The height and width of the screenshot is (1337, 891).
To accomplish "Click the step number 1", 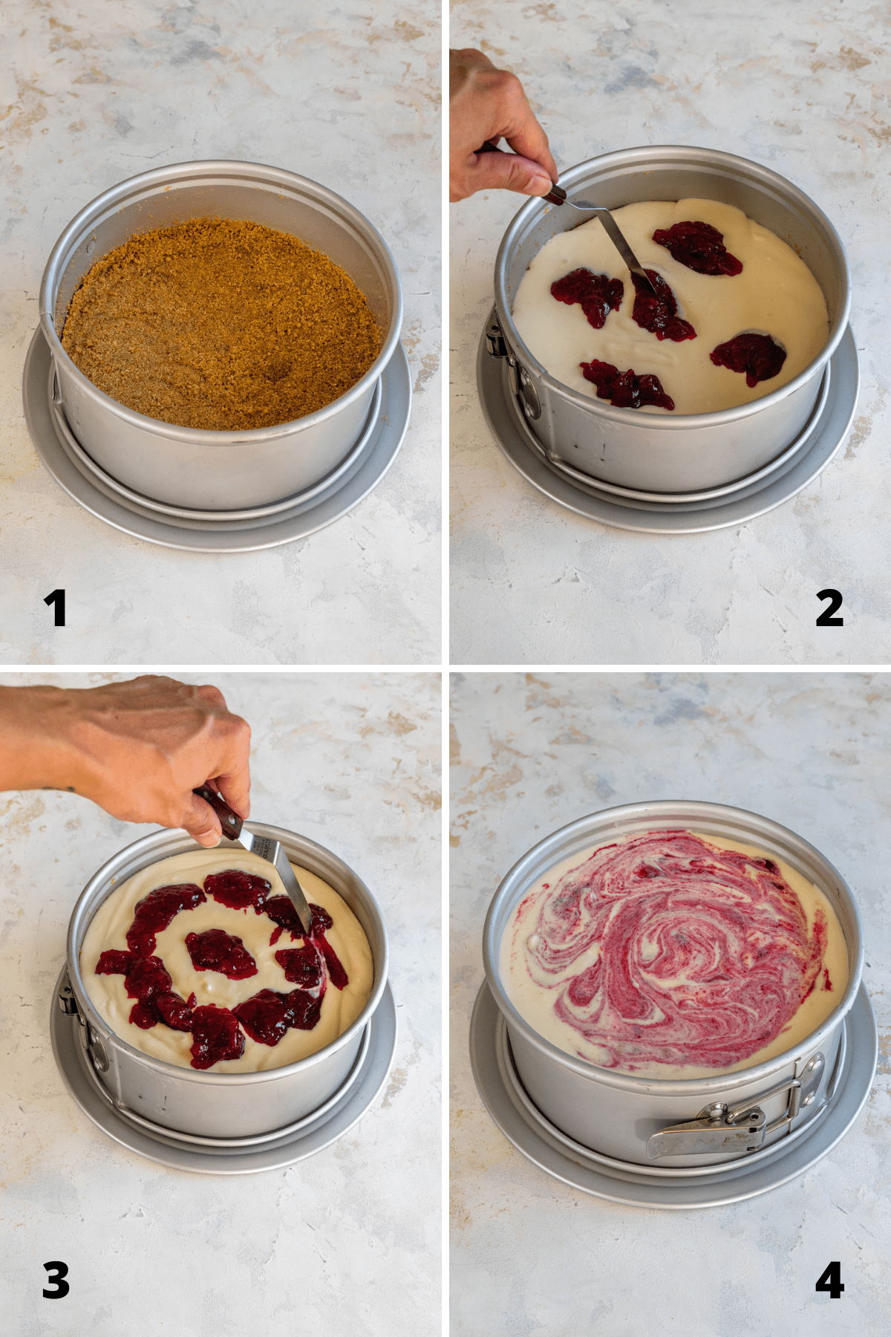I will [x=55, y=608].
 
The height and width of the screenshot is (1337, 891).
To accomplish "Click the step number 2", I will [x=829, y=608].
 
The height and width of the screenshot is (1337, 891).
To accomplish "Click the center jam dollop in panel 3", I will [x=220, y=952].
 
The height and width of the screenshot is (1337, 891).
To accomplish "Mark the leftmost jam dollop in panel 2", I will [x=587, y=295].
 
